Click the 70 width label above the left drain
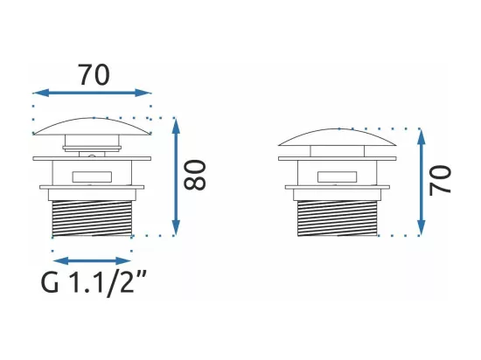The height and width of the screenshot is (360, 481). pyautogui.click(x=94, y=75)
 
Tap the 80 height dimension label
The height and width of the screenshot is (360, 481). pyautogui.click(x=194, y=176)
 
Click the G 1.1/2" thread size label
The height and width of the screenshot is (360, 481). pyautogui.click(x=94, y=282)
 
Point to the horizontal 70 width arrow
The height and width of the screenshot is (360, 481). pyautogui.click(x=92, y=93)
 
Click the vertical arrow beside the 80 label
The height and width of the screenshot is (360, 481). pyautogui.click(x=176, y=177)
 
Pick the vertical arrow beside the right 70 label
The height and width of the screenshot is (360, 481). pyautogui.click(x=422, y=183)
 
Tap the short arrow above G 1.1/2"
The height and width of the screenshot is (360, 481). pyautogui.click(x=92, y=261)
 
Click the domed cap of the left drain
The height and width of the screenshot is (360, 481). pyautogui.click(x=92, y=126)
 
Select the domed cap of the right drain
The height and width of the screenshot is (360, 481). pyautogui.click(x=338, y=137)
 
